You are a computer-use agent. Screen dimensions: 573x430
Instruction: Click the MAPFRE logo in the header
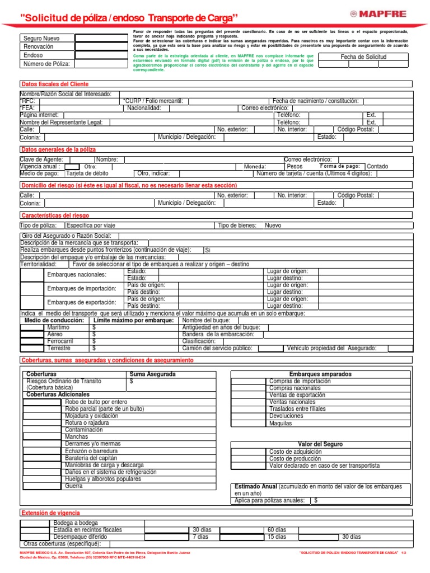pyautogui.click(x=389, y=13)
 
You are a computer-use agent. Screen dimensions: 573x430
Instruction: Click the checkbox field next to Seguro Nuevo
pyautogui.click(x=101, y=38)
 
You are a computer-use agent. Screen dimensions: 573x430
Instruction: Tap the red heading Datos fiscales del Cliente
pyautogui.click(x=55, y=84)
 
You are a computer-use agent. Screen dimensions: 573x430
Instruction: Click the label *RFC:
pyautogui.click(x=27, y=101)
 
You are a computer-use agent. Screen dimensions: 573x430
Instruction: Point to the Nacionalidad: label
pyautogui.click(x=144, y=108)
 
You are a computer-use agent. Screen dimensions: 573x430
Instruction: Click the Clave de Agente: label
pyautogui.click(x=41, y=159)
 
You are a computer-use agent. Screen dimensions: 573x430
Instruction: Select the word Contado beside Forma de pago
pyautogui.click(x=377, y=166)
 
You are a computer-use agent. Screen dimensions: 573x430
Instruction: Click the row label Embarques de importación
pyautogui.click(x=82, y=288)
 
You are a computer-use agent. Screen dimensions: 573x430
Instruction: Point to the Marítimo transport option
pyautogui.click(x=59, y=327)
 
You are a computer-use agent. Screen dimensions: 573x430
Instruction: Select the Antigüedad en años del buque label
pyautogui.click(x=221, y=327)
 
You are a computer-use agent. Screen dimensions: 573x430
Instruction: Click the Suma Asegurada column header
pyautogui.click(x=152, y=374)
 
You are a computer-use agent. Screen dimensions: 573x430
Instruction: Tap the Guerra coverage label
pyautogui.click(x=74, y=486)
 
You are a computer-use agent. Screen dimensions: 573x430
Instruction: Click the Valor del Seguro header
pyautogui.click(x=321, y=444)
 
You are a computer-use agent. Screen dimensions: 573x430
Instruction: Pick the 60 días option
pyautogui.click(x=277, y=529)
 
